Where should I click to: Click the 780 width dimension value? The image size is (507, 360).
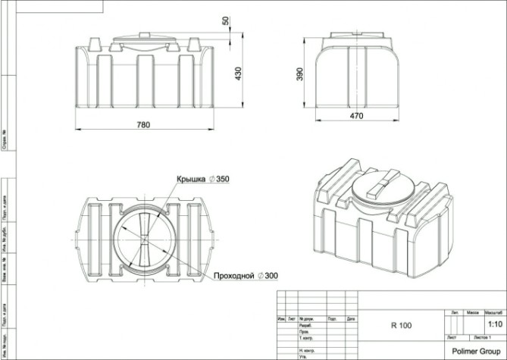(143, 124)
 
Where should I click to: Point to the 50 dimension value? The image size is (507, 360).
(225, 20)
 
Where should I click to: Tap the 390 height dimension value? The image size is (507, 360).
(300, 73)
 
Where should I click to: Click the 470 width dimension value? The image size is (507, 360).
(356, 116)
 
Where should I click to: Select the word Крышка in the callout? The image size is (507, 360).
(192, 179)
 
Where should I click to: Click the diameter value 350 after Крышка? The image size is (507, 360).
(222, 179)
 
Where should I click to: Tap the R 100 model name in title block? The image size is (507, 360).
(401, 326)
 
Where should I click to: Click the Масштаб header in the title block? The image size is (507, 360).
(495, 311)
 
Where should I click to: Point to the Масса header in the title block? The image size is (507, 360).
(474, 311)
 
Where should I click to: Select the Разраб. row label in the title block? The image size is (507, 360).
(307, 325)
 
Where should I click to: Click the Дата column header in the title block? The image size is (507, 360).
(351, 319)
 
